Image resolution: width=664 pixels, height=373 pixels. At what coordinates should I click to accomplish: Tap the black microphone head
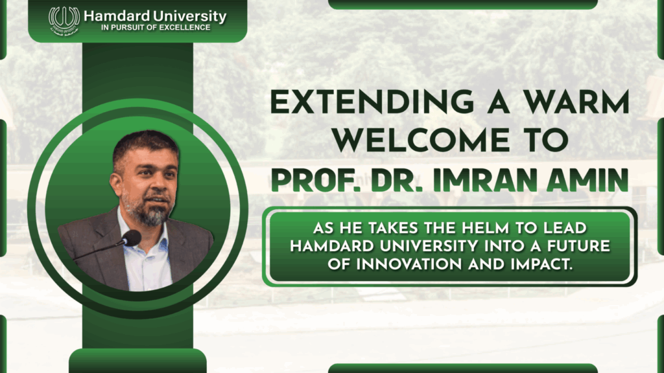click(x=130, y=238)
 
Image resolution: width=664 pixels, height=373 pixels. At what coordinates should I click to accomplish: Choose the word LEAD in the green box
click(x=581, y=229)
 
